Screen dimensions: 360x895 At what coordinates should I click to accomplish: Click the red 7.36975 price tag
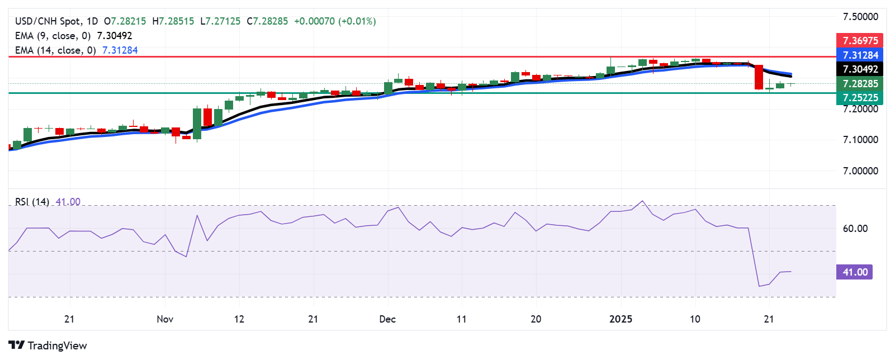click(860, 40)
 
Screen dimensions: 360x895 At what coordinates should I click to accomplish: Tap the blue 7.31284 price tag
click(860, 55)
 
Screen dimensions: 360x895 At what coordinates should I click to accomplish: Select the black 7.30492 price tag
click(860, 69)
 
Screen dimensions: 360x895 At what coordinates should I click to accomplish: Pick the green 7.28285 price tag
click(860, 84)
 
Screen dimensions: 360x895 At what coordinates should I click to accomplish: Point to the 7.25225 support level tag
click(860, 98)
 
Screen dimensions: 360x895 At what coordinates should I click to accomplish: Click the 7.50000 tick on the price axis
click(860, 17)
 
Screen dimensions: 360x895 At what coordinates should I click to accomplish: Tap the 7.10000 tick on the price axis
click(860, 140)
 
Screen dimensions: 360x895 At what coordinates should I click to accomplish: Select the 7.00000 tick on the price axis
click(860, 171)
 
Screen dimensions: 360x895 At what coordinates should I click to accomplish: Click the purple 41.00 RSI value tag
click(854, 272)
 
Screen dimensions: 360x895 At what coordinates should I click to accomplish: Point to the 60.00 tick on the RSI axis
click(855, 229)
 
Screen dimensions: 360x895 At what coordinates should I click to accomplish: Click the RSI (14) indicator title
click(32, 202)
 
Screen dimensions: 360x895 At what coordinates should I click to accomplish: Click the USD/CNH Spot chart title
click(56, 21)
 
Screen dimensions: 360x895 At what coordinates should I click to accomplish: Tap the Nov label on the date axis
click(165, 319)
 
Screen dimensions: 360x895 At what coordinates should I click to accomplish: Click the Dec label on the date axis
click(387, 319)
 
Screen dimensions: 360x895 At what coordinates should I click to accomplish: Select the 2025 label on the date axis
click(621, 319)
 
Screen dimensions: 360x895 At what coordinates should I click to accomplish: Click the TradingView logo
click(48, 345)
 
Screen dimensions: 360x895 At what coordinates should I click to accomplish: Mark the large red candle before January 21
click(759, 77)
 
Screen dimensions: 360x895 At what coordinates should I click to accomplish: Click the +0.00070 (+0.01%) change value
click(335, 21)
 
